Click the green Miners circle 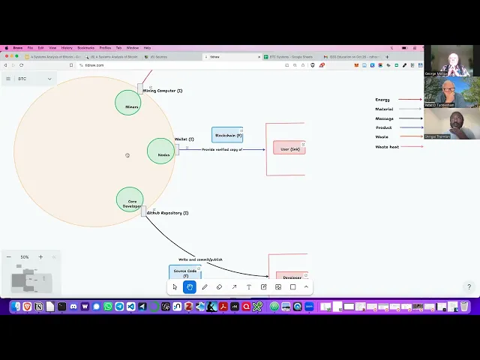(128, 103)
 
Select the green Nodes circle (160, 151)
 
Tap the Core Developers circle (130, 199)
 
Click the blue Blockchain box (226, 135)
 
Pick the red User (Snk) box (289, 148)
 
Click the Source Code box (185, 272)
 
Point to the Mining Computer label (163, 91)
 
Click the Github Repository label (167, 213)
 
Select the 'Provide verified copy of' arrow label (222, 149)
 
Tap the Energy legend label (382, 100)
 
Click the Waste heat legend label (387, 146)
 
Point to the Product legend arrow (410, 127)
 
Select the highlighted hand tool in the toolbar (190, 286)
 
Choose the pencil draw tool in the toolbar (205, 286)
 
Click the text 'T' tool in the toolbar (249, 286)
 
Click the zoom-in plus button (40, 256)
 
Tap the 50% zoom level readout (25, 256)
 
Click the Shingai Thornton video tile (448, 124)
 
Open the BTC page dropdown (49, 79)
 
